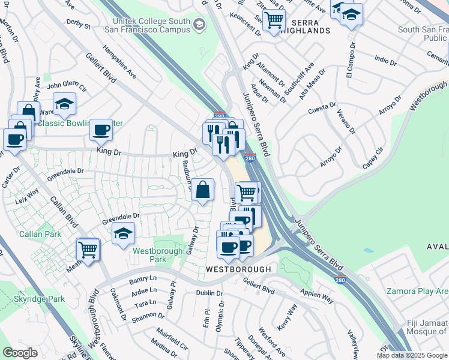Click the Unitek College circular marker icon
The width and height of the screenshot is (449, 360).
(199, 25)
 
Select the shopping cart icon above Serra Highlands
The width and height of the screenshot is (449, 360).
(274, 20)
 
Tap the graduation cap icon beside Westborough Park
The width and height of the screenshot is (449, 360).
(124, 233)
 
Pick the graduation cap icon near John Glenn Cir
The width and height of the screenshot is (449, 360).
(64, 104)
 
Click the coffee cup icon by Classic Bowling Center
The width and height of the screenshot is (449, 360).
(101, 130)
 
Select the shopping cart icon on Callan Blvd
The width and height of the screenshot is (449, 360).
(88, 249)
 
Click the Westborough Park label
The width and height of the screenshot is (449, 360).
(149, 255)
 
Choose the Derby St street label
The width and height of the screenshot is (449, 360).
(79, 26)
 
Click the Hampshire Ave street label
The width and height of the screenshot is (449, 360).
(119, 61)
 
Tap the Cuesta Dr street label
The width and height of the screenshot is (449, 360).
(322, 106)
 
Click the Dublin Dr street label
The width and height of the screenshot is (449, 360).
(209, 293)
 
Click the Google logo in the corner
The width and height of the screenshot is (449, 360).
(20, 353)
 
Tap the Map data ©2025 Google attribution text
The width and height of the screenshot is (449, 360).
(412, 355)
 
